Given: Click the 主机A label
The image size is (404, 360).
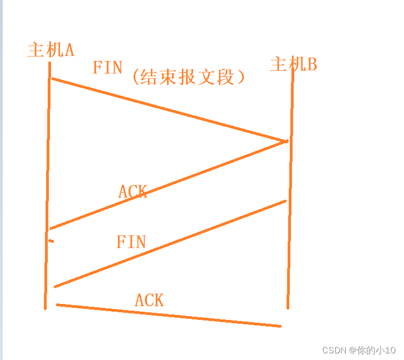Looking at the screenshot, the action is point(50,50).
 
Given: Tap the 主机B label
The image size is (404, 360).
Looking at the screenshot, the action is point(293,65).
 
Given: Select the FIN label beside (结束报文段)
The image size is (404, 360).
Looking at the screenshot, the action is point(107,67).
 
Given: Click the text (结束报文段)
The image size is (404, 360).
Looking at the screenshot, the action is point(188,77).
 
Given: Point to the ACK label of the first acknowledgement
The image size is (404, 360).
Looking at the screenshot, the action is point(132,192).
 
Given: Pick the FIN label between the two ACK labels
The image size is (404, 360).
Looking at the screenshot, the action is point(131,242).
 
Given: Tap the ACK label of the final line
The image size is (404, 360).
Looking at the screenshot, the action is point(149,300).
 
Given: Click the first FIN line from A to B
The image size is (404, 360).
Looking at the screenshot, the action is point(165,109).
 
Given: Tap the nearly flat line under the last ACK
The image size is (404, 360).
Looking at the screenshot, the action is point(165,315).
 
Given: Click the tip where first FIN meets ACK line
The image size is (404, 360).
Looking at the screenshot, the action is point(286,142).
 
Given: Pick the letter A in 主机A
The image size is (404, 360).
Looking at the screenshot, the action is point(69,50).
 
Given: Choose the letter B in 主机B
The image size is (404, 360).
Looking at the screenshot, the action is point(311,65).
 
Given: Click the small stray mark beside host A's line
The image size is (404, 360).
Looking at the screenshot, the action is point(51,241).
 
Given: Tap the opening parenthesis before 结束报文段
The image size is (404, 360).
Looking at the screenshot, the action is point(135,77).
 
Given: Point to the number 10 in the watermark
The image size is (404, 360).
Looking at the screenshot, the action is point(390,350).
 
